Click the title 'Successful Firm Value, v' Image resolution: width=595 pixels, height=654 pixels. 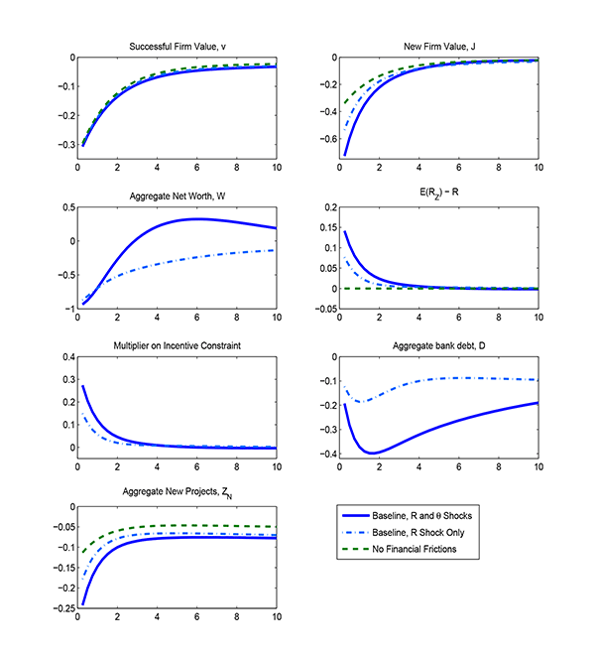178,46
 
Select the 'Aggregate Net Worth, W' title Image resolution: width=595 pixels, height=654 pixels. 178,196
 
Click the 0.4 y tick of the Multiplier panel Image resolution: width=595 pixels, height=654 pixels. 64,356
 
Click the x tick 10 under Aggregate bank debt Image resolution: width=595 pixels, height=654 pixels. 537,466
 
